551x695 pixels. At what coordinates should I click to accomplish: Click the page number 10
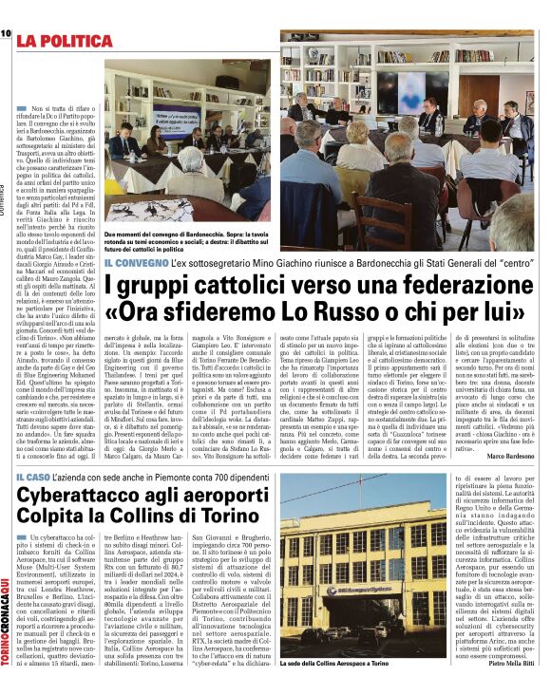point(5,34)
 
